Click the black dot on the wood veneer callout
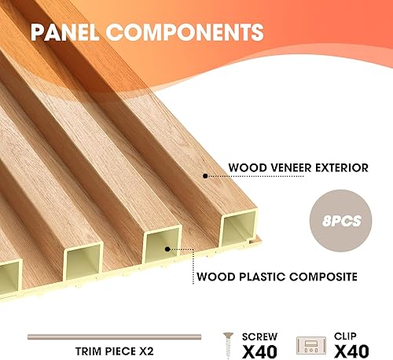pyautogui.click(x=205, y=176)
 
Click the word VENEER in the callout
pyautogui.click(x=287, y=167)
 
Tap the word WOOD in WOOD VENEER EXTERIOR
pyautogui.click(x=244, y=167)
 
